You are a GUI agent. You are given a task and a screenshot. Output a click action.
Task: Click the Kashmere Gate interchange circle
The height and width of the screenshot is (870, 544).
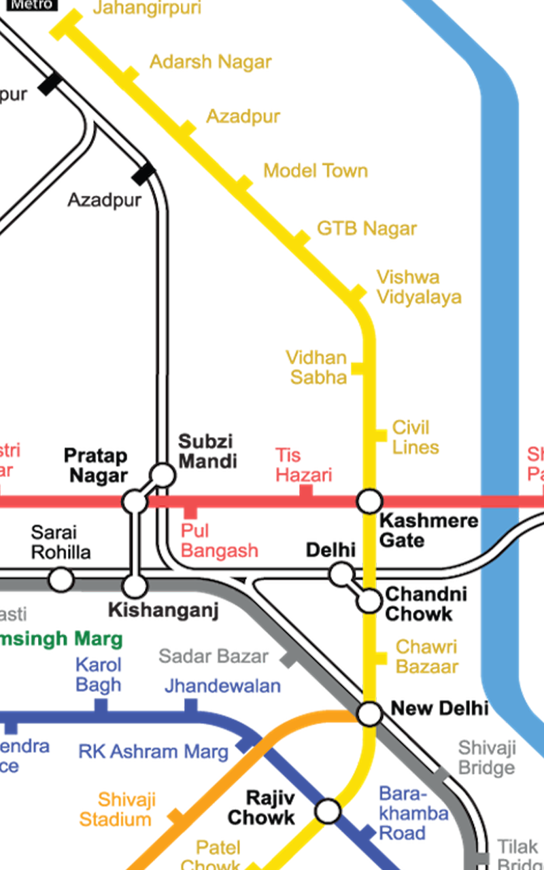click(x=370, y=502)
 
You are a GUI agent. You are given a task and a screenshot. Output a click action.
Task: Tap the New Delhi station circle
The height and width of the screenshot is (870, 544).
click(x=370, y=714)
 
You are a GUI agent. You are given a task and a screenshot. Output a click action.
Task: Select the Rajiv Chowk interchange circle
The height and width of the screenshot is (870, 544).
click(x=328, y=811)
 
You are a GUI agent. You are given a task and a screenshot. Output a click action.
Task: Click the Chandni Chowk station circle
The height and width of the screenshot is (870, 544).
click(x=370, y=601)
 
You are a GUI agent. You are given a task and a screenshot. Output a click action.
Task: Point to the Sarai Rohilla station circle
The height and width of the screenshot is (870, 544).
click(x=61, y=580)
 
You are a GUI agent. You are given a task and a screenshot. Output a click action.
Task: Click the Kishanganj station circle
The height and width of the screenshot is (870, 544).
click(x=135, y=585)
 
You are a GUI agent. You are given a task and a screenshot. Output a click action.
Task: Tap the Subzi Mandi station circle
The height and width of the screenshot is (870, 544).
click(x=163, y=474)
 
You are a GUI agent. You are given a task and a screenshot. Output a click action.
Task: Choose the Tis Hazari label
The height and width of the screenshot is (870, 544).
click(x=304, y=465)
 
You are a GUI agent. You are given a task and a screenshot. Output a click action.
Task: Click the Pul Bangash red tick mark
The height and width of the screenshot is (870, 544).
click(x=191, y=512)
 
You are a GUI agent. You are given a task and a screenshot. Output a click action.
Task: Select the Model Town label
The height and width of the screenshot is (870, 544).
click(x=316, y=171)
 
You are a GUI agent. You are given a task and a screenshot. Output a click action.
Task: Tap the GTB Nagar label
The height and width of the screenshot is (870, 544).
click(x=367, y=228)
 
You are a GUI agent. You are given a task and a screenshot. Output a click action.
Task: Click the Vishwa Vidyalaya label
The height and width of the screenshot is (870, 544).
click(x=419, y=288)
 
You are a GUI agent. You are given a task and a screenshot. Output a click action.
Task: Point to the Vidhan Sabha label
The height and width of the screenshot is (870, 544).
click(x=317, y=367)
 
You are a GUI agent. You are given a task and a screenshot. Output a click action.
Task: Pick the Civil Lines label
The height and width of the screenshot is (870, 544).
click(x=415, y=438)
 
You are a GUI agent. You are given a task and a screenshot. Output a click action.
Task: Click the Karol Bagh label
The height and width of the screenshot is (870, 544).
click(x=99, y=674)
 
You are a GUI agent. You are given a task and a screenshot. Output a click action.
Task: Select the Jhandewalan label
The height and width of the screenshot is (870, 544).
click(x=222, y=686)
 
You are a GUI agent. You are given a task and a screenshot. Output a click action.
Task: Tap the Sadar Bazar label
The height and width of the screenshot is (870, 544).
click(x=214, y=657)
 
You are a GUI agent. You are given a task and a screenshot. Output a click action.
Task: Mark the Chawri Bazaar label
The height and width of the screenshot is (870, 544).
click(x=427, y=657)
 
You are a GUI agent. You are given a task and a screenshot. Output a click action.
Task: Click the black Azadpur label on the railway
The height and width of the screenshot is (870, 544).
click(x=105, y=201)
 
